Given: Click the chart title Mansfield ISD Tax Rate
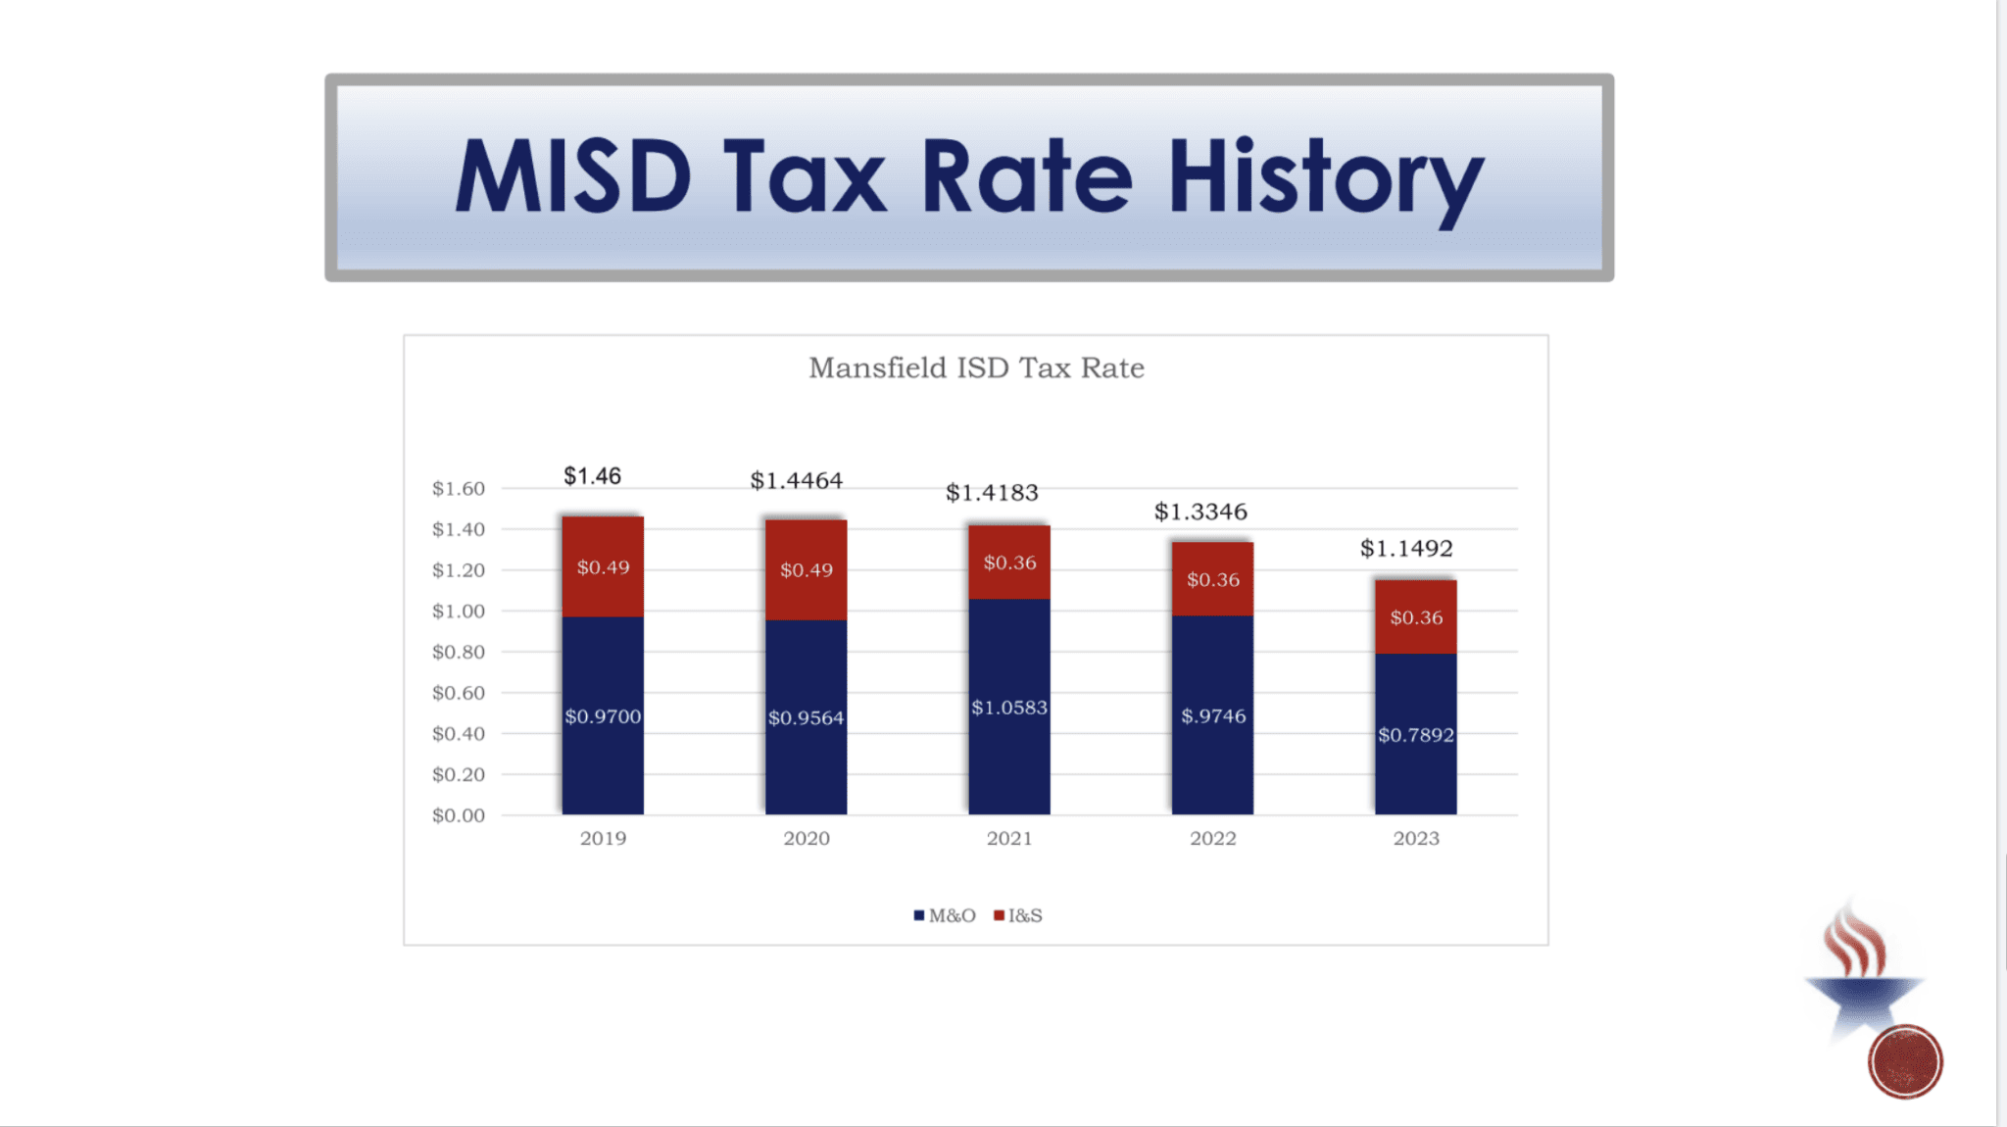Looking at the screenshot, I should (x=976, y=367).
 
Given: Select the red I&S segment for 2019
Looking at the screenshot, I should (x=603, y=567).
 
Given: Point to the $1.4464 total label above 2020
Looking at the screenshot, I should (x=796, y=480).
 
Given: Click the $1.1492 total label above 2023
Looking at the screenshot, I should (x=1406, y=549).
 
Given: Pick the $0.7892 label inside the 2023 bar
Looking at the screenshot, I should (x=1416, y=735).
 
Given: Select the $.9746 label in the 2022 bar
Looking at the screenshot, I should (x=1213, y=716).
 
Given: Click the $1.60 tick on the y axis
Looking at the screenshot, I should (x=459, y=488).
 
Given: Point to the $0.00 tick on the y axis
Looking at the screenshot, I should (x=459, y=815).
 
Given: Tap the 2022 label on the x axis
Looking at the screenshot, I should (x=1213, y=839).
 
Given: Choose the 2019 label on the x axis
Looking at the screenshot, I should (x=603, y=839).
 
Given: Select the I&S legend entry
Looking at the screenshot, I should (x=1019, y=915).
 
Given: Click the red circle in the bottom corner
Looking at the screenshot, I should (x=1904, y=1061).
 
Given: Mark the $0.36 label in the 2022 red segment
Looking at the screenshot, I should (x=1213, y=580).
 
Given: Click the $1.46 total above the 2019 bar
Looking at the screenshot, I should (x=592, y=476).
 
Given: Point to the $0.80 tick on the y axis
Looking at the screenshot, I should (x=459, y=652).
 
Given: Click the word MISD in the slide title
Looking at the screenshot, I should (x=573, y=177).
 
